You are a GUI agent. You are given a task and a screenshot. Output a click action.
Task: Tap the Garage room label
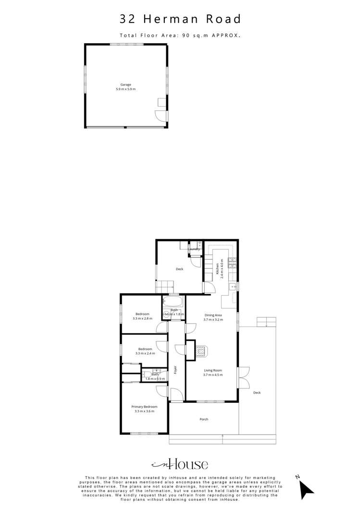pos(125,85)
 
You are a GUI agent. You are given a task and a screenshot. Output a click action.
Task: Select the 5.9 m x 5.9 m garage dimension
pos(125,89)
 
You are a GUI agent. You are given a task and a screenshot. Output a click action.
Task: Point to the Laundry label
pos(194,249)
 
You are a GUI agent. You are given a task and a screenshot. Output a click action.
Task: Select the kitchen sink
pos(234,287)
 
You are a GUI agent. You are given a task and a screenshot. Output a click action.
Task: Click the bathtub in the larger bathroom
pos(173,302)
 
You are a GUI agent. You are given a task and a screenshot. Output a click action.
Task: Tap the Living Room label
pos(213,370)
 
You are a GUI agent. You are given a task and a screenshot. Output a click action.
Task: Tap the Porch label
pos(204,419)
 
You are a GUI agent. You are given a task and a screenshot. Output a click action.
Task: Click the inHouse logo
pos(180,464)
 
